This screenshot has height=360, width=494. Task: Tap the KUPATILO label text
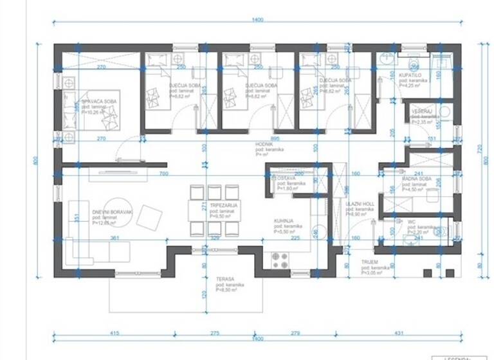[410, 75]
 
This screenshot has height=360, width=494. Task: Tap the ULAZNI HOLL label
[360, 204]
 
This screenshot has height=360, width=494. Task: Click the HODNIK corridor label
[265, 144]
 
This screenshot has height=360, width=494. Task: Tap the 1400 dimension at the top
[257, 20]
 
